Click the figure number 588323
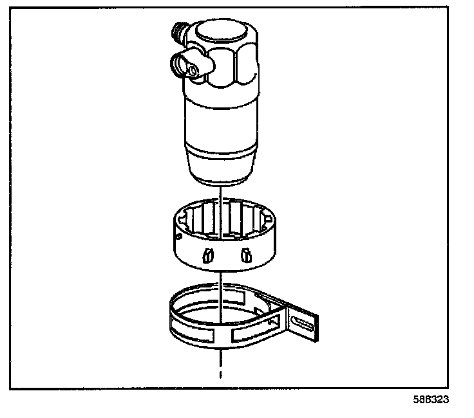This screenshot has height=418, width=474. pos(431,399)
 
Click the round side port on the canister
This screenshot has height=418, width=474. pos(182,64)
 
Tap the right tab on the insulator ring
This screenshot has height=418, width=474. pos(245,255)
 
